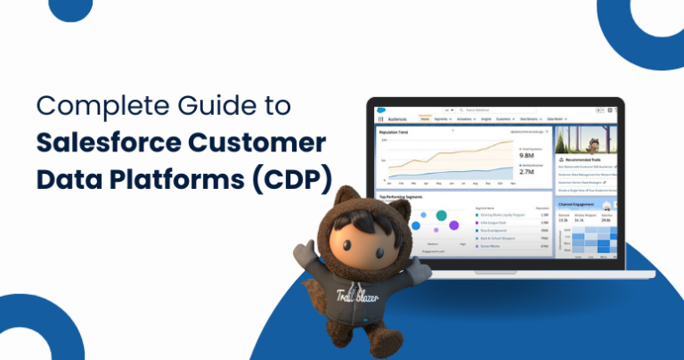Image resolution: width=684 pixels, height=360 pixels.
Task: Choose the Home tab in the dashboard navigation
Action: [x=424, y=118]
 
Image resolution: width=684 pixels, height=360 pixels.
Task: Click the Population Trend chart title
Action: [x=395, y=131]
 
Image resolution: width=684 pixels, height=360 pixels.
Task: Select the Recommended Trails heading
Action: [x=589, y=159]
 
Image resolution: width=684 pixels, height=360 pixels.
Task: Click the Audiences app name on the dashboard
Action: [x=398, y=118]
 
